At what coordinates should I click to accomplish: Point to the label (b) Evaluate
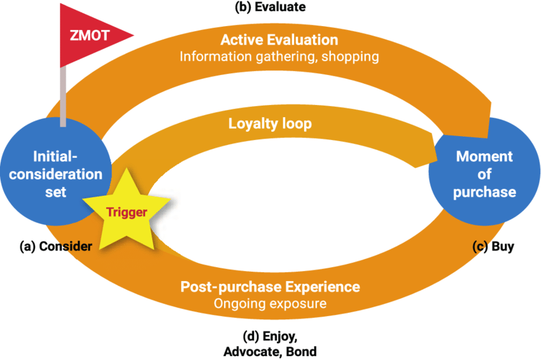pyautogui.click(x=270, y=8)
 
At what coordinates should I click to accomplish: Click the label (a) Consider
pyautogui.click(x=55, y=246)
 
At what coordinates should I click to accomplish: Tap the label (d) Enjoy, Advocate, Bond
pyautogui.click(x=270, y=343)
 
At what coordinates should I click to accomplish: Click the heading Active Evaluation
pyautogui.click(x=279, y=40)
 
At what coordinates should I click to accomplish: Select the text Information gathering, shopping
pyautogui.click(x=279, y=57)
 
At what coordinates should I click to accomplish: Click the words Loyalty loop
pyautogui.click(x=270, y=123)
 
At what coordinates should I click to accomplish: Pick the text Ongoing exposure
pyautogui.click(x=270, y=303)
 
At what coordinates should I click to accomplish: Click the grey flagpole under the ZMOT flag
pyautogui.click(x=64, y=95)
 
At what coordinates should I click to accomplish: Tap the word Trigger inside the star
pyautogui.click(x=127, y=212)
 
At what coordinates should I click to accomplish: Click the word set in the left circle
pyautogui.click(x=55, y=191)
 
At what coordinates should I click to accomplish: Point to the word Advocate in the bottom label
pyautogui.click(x=248, y=351)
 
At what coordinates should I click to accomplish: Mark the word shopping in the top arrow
pyautogui.click(x=351, y=57)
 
